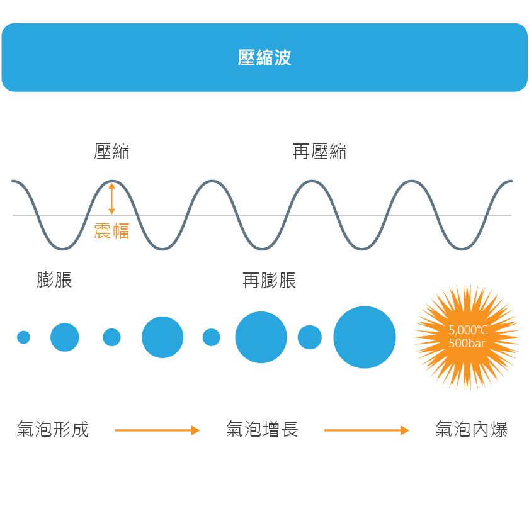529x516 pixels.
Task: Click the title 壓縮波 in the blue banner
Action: [264, 58]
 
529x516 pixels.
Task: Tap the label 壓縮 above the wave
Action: [111, 152]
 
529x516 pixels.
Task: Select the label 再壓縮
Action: [319, 152]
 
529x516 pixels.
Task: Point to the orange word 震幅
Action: [111, 232]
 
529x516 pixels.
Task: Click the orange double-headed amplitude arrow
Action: [111, 198]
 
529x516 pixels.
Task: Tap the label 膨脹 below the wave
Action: [54, 280]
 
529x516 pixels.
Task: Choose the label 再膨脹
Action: [269, 280]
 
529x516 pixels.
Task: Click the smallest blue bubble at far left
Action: [24, 337]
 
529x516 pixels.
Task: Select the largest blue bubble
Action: [364, 337]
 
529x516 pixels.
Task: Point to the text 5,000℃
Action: [468, 330]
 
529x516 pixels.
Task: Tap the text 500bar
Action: [467, 344]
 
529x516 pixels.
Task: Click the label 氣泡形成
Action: [53, 430]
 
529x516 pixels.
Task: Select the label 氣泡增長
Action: [262, 430]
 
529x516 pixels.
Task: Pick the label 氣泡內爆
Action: [471, 430]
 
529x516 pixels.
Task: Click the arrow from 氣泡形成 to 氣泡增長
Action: [157, 430]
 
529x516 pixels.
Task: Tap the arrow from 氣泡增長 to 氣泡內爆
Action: [367, 430]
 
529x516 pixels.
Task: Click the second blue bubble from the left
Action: [65, 337]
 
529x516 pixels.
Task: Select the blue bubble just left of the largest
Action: [309, 337]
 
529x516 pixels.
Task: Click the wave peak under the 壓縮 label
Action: [111, 181]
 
